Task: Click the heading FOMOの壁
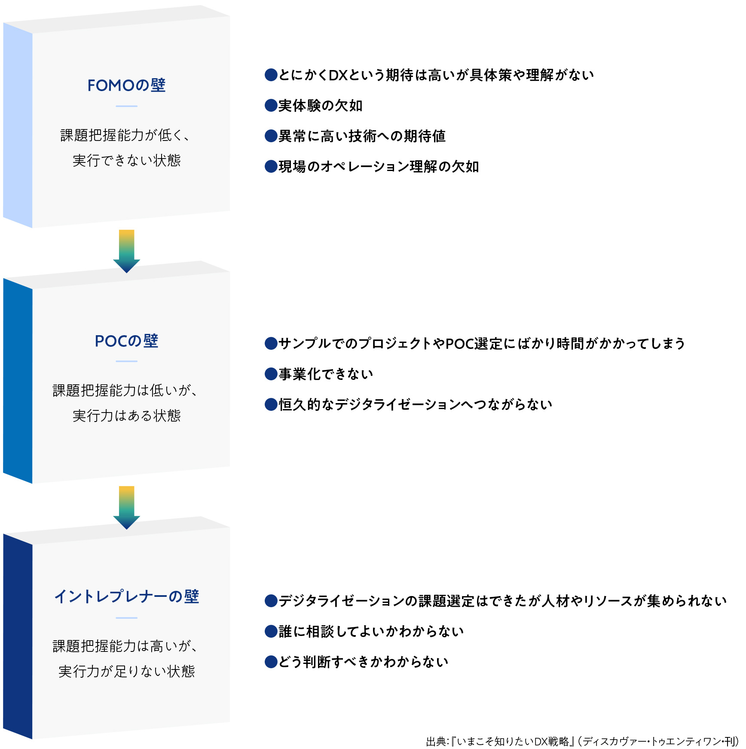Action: [x=126, y=85]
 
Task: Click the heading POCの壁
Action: [x=126, y=341]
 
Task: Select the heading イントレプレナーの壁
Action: [x=126, y=596]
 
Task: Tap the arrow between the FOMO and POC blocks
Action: [x=126, y=251]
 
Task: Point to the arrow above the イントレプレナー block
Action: [x=126, y=507]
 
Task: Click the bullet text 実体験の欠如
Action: [x=321, y=105]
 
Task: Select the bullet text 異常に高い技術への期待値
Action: [x=362, y=136]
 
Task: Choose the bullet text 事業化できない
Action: [x=326, y=374]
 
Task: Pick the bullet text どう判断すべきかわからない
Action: [x=364, y=661]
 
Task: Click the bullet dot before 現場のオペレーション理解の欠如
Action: [x=271, y=166]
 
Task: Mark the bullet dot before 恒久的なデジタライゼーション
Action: [x=271, y=404]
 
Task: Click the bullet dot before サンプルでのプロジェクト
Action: [x=271, y=343]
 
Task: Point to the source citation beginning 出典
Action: [x=582, y=741]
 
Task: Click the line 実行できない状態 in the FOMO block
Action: [x=126, y=160]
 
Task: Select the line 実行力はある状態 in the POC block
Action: [x=126, y=416]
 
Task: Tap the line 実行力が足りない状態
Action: [x=126, y=671]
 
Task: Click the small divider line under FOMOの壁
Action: [x=126, y=106]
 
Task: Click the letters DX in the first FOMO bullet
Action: [x=338, y=75]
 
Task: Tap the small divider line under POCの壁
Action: [x=126, y=361]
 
